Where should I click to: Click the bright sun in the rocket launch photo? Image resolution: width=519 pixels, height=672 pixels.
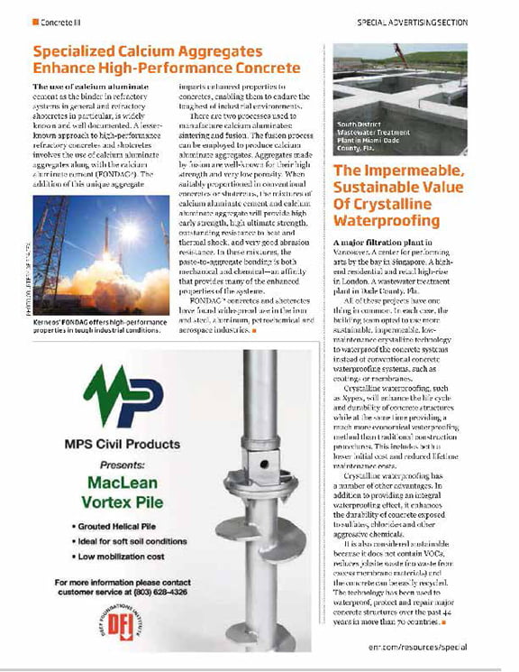(x=130, y=231)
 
